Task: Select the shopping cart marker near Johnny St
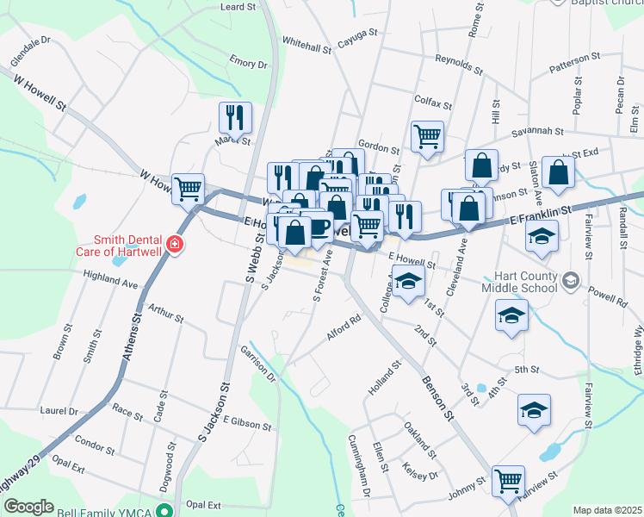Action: (x=508, y=480)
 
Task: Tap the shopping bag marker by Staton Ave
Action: (x=559, y=171)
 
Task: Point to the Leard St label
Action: (x=238, y=7)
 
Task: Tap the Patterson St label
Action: (x=574, y=59)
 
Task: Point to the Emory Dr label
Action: (x=249, y=63)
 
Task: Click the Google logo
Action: (x=28, y=507)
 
